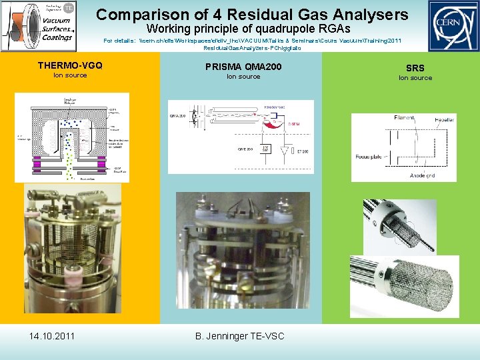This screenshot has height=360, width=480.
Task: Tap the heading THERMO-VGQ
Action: (x=70, y=65)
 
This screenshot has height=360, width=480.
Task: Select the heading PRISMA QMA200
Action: (x=243, y=66)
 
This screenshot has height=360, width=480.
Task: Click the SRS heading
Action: (x=415, y=68)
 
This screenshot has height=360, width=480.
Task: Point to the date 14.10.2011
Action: (x=52, y=335)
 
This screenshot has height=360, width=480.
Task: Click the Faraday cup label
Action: (x=275, y=106)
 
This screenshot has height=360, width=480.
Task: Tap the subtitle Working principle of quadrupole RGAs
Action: (x=248, y=29)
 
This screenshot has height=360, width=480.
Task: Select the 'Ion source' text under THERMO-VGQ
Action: (x=70, y=75)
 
